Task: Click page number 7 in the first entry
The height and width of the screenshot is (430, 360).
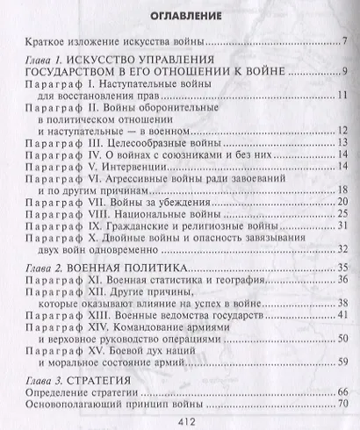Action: (345, 41)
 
